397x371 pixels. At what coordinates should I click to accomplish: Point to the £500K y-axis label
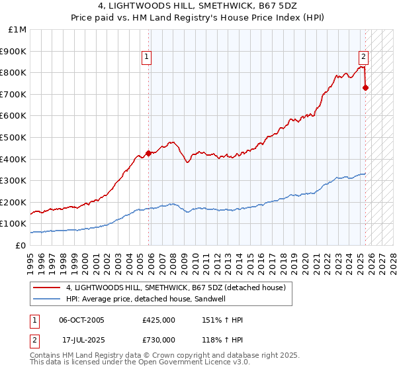[14, 137]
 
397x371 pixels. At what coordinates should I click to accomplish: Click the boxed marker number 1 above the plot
[146, 57]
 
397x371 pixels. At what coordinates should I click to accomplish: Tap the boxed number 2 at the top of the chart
[363, 57]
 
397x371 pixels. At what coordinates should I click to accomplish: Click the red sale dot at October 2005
[148, 153]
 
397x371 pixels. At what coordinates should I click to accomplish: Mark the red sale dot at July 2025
[365, 87]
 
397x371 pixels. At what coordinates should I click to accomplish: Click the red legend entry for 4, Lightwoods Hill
[175, 288]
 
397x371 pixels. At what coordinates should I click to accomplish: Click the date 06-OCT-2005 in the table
[81, 320]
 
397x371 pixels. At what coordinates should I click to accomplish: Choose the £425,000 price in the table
[159, 320]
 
